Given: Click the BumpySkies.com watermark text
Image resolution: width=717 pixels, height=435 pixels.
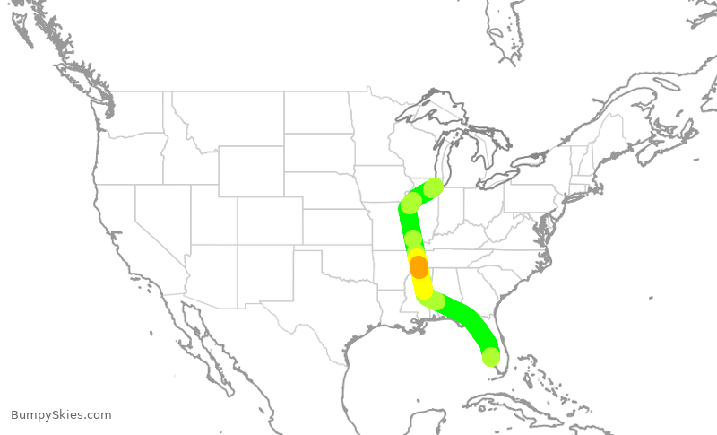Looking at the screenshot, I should (61, 414).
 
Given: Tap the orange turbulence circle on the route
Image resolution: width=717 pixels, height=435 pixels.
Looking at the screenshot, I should (419, 267).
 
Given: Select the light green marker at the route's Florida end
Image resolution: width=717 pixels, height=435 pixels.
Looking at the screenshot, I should (490, 356).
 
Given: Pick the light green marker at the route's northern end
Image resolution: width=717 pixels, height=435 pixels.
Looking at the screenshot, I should (434, 187).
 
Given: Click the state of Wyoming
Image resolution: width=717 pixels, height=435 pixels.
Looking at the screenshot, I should (250, 170).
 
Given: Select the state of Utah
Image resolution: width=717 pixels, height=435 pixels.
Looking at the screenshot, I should (213, 214).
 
